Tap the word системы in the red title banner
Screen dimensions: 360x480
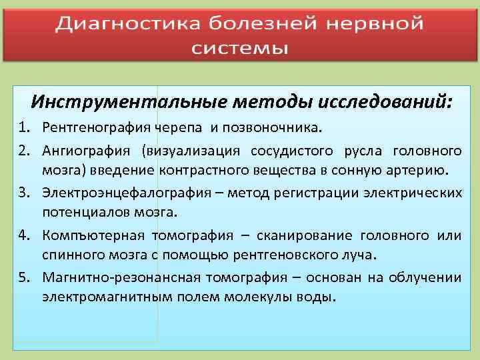point(240,49)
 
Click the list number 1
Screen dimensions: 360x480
point(23,127)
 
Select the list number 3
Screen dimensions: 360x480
point(23,193)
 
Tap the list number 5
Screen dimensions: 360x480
point(23,277)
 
